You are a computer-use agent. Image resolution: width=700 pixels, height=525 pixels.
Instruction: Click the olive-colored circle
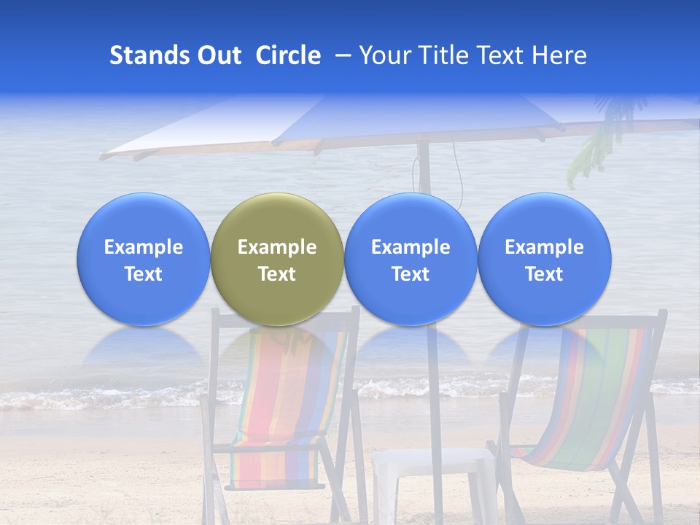click(x=277, y=259)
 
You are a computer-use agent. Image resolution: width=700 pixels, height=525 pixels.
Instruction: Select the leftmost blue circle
click(x=143, y=259)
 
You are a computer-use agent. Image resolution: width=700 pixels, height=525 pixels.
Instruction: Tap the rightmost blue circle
click(x=544, y=259)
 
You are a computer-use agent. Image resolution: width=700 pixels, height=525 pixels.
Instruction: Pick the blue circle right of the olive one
click(x=411, y=259)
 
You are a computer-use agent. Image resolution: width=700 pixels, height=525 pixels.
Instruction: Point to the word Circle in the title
click(x=288, y=55)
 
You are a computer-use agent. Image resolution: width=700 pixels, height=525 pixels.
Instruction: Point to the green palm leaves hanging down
click(x=594, y=146)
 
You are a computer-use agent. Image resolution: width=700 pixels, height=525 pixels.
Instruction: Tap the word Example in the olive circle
click(x=277, y=247)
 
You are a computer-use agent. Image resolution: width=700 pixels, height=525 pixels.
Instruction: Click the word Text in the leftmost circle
click(x=143, y=274)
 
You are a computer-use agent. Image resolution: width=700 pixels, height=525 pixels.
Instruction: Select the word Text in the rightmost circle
click(x=544, y=274)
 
